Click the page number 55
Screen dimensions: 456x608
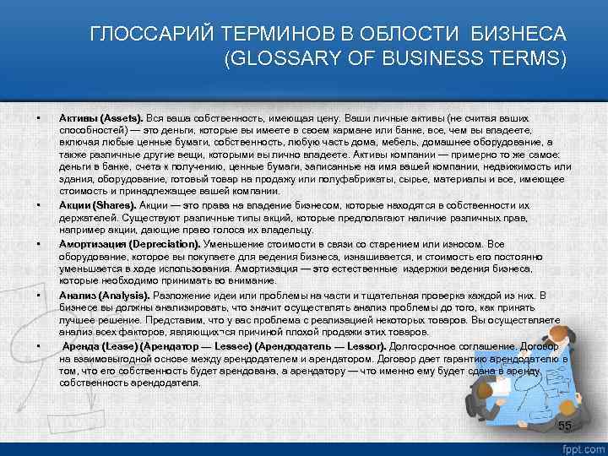(x=565, y=425)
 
